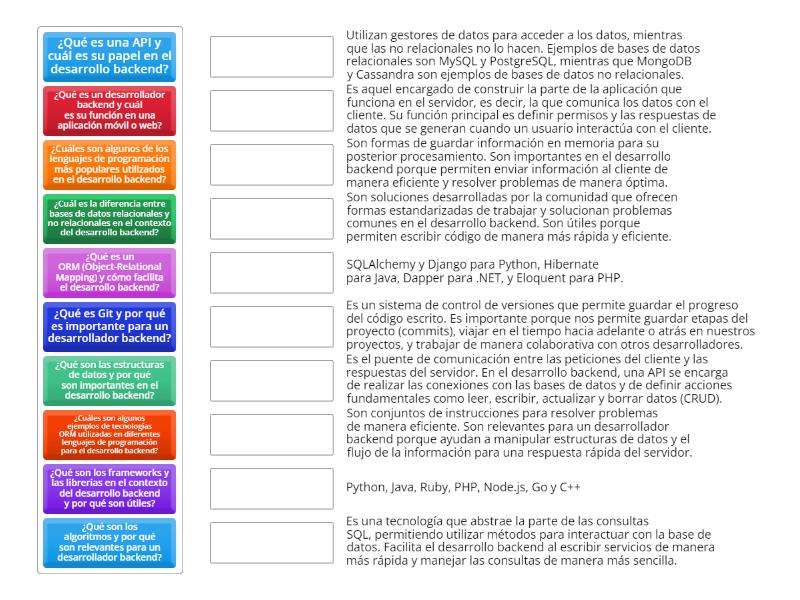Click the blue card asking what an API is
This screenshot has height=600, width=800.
[x=110, y=57]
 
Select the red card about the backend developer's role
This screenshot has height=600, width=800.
[x=110, y=111]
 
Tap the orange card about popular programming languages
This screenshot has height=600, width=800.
[x=110, y=165]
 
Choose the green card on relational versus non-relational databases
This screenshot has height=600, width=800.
[x=110, y=219]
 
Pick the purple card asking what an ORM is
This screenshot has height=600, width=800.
[x=110, y=273]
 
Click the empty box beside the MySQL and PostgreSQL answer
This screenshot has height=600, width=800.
[x=272, y=57]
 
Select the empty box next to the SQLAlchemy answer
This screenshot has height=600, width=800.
[x=272, y=273]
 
